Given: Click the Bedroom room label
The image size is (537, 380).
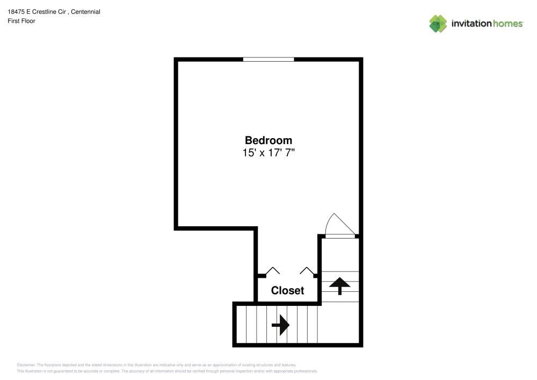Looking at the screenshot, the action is (268, 140).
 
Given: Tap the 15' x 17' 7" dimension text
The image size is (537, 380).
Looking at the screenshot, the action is (268, 153).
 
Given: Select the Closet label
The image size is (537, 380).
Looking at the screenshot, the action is (287, 291).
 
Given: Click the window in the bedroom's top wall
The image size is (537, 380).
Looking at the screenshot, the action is (268, 59).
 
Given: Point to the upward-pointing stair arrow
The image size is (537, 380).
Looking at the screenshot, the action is (340, 286).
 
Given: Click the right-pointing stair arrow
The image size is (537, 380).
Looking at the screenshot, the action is (280, 325).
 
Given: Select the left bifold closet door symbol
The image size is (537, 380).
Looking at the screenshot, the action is (273, 270).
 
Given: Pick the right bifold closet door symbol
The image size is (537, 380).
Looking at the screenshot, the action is (307, 270).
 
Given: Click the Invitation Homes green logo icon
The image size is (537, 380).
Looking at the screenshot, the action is (438, 24).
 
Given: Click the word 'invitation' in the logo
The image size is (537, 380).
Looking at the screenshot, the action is (471, 23).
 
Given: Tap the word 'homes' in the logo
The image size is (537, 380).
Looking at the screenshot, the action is (508, 23).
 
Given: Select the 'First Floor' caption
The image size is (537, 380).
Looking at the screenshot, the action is (21, 21).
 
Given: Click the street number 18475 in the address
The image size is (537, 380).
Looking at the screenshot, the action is (16, 12).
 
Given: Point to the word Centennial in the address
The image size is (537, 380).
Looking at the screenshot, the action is (85, 12).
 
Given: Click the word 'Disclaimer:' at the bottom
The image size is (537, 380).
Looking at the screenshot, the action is (26, 365).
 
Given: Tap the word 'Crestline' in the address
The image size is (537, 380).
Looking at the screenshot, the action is (49, 12).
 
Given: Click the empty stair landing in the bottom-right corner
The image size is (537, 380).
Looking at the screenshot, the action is (338, 324).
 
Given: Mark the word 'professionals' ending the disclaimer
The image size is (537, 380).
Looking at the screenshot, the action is (306, 371).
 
